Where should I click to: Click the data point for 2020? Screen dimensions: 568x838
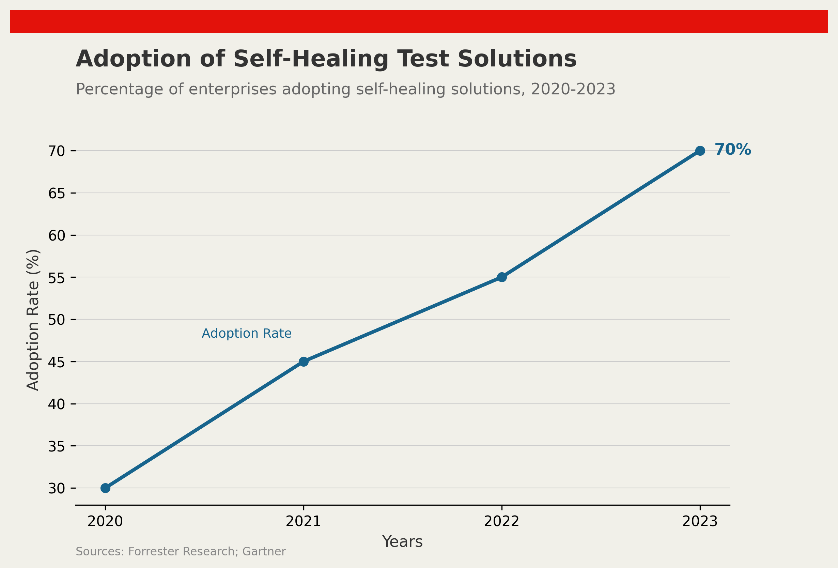(105, 488)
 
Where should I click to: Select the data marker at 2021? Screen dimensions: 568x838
(304, 362)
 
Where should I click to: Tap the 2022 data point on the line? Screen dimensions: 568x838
(501, 277)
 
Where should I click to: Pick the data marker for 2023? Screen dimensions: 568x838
(700, 151)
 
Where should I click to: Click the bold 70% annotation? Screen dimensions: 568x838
(733, 150)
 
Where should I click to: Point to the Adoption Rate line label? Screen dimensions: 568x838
(246, 333)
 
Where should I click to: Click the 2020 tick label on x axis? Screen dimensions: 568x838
(105, 521)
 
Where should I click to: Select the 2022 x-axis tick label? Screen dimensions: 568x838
(501, 521)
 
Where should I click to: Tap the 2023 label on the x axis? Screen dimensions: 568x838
(700, 521)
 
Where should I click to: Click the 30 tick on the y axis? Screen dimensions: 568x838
(57, 489)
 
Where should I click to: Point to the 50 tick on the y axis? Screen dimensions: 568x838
(57, 320)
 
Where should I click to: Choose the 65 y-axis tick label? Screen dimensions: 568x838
(57, 194)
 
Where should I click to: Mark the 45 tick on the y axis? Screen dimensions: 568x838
(57, 362)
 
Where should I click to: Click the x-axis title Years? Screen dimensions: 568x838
(402, 542)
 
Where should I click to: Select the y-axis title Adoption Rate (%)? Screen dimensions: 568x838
(33, 320)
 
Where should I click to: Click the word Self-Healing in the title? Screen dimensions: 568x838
(311, 59)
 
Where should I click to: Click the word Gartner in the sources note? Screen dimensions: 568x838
(264, 551)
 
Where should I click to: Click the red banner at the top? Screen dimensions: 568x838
(419, 21)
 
